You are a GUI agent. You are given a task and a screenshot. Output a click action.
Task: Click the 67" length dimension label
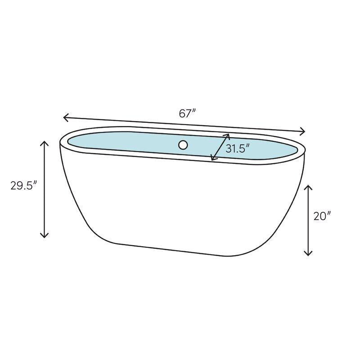(x=187, y=113)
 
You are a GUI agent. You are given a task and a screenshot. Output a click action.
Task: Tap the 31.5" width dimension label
(x=238, y=148)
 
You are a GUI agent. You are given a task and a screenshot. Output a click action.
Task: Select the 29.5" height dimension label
(x=24, y=185)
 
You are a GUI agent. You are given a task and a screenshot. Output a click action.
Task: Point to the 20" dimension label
(x=322, y=216)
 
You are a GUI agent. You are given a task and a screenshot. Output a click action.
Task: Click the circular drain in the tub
(x=183, y=145)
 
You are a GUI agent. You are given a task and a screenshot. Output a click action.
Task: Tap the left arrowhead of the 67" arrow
(x=66, y=117)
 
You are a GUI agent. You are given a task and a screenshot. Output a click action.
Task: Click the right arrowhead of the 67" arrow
(x=302, y=131)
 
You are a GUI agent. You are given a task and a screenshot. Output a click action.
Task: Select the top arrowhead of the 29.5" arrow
(x=44, y=144)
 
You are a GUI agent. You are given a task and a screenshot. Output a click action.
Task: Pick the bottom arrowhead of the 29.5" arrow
(x=44, y=234)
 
